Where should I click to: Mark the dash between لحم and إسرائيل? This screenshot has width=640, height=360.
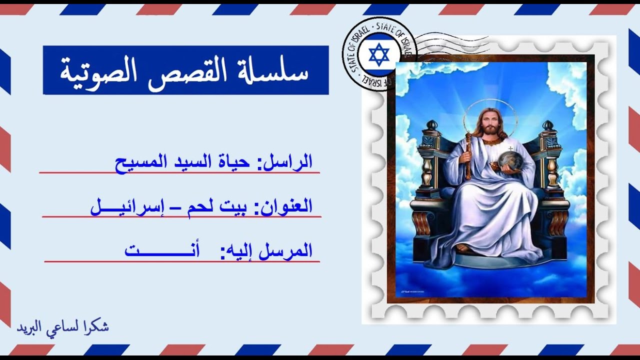point(176,206)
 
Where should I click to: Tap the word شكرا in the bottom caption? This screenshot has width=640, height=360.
point(98,327)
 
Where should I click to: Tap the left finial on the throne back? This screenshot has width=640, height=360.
point(431,125)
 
